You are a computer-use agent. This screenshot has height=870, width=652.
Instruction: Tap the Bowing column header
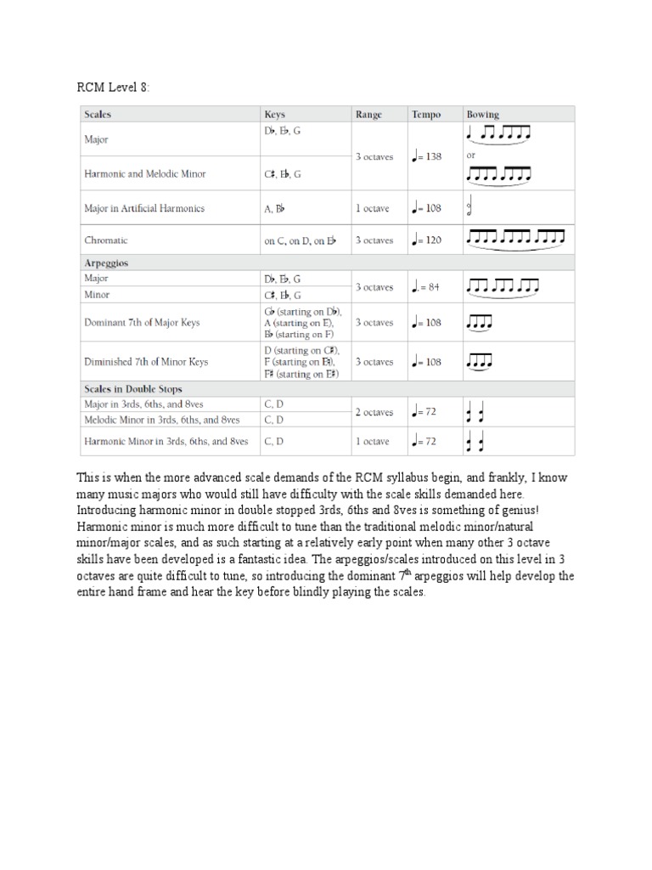point(482,114)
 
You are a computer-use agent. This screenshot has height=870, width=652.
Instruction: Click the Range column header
point(368,114)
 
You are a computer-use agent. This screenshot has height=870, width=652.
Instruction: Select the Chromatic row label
point(107,240)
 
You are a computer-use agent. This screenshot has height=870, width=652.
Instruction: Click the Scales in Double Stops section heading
point(132,389)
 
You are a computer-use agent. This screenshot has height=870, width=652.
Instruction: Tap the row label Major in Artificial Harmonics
point(143,208)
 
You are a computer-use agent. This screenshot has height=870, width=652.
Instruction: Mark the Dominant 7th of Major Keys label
point(142,323)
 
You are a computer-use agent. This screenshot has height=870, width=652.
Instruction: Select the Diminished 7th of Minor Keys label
point(145,362)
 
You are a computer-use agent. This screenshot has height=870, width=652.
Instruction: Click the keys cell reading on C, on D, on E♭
point(300,240)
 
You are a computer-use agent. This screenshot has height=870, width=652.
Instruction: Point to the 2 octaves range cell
point(374,412)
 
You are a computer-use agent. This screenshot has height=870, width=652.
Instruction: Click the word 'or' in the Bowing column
point(471,156)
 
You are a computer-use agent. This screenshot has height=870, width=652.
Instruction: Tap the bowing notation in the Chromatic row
point(514,239)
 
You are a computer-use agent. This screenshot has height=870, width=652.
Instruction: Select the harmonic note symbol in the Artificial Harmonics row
point(471,208)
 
